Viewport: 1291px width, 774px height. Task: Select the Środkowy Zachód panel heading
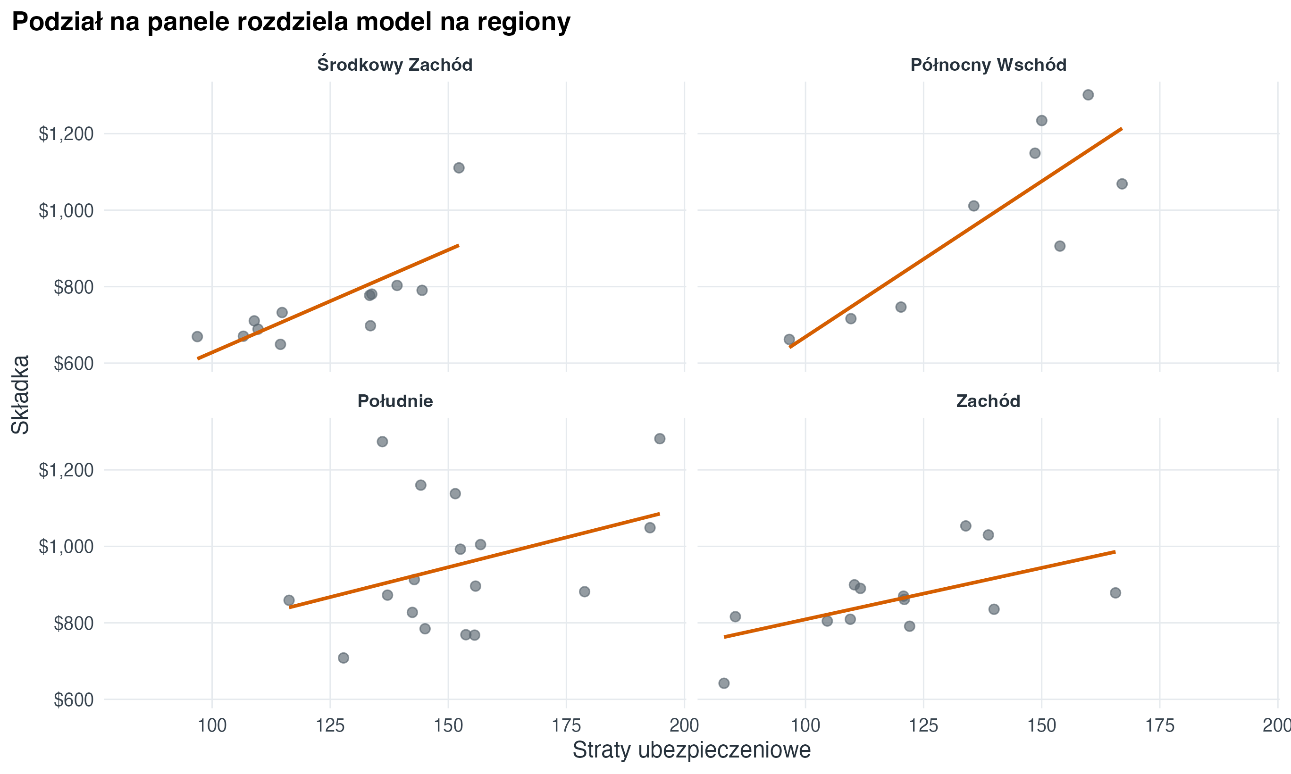pyautogui.click(x=394, y=65)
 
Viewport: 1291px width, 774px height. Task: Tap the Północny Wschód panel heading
pyautogui.click(x=988, y=65)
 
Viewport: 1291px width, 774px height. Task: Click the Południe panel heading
pyautogui.click(x=395, y=401)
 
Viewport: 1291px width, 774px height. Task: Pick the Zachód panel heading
pyautogui.click(x=988, y=401)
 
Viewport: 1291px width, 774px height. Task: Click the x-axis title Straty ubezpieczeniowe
pyautogui.click(x=691, y=750)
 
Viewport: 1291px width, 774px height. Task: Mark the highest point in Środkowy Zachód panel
pyautogui.click(x=459, y=168)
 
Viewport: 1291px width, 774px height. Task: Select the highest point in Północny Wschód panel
pyautogui.click(x=1088, y=95)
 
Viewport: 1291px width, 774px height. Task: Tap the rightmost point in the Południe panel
pyautogui.click(x=659, y=439)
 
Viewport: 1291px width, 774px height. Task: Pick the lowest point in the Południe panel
pyautogui.click(x=343, y=657)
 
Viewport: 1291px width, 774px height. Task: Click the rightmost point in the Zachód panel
pyautogui.click(x=1115, y=593)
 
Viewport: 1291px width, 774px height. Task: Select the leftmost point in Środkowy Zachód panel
pyautogui.click(x=197, y=336)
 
